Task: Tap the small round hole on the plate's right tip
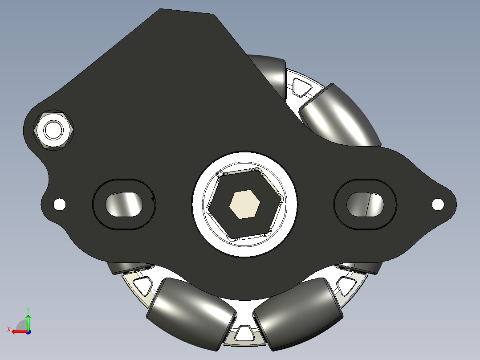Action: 438,204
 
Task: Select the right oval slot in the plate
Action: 365,204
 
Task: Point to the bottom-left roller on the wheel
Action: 191,311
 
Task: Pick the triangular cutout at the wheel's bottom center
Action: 243,332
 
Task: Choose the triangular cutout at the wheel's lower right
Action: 346,284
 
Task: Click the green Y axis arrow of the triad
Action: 28,317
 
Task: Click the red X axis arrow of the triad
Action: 17,331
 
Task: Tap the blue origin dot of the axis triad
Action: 28,331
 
